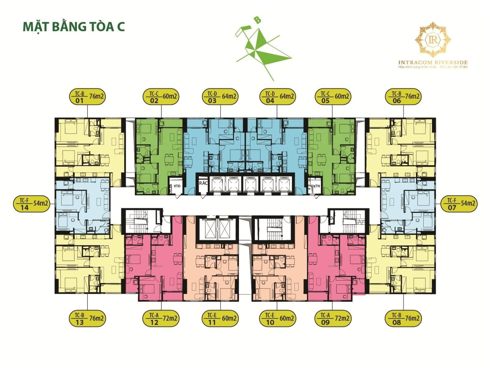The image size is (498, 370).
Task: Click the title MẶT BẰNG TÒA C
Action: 74,26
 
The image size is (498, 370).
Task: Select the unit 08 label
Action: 403,319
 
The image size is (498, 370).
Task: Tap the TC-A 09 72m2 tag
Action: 333,319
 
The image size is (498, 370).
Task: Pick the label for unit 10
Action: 277,319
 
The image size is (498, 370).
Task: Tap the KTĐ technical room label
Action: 177,186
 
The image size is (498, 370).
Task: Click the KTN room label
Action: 317,186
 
